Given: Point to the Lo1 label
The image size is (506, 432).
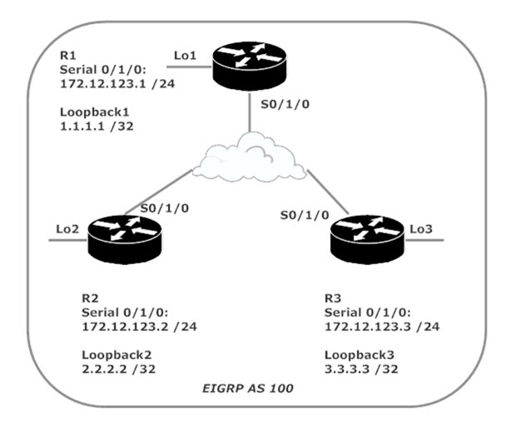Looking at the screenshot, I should [x=184, y=55].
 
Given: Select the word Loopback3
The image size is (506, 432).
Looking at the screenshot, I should [x=355, y=351].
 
